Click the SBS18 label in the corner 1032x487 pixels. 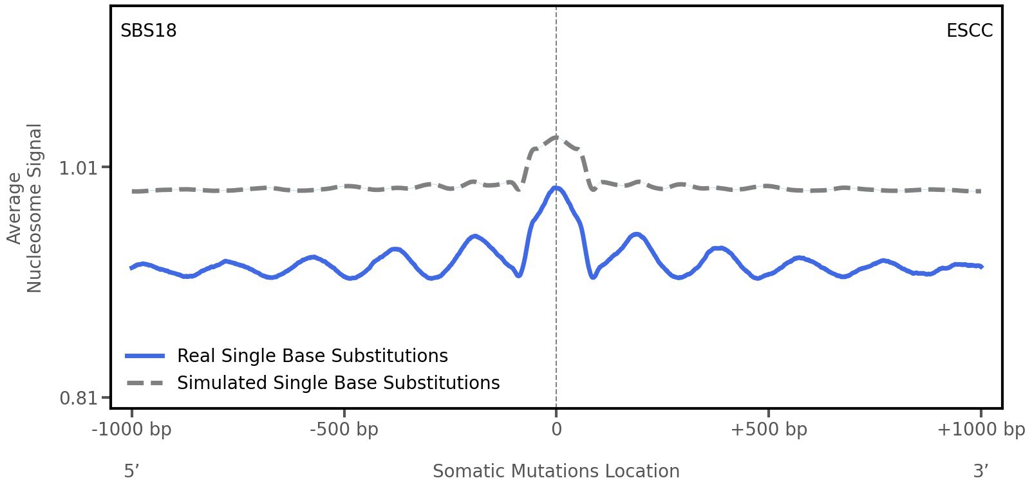pyautogui.click(x=148, y=31)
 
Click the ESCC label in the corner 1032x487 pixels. pyautogui.click(x=969, y=31)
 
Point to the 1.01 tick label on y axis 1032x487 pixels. pyautogui.click(x=77, y=168)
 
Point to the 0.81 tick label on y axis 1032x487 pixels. pyautogui.click(x=77, y=398)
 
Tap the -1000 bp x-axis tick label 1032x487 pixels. pyautogui.click(x=132, y=430)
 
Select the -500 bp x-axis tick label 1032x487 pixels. pyautogui.click(x=344, y=430)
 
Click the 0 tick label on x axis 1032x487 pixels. pyautogui.click(x=556, y=430)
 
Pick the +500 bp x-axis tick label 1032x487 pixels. pyautogui.click(x=769, y=430)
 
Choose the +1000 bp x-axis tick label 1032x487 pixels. pyautogui.click(x=980, y=430)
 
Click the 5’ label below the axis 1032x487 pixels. pyautogui.click(x=132, y=471)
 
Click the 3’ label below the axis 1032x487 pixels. pyautogui.click(x=980, y=471)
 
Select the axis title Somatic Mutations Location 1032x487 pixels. pyautogui.click(x=556, y=471)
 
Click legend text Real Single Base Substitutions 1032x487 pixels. pyautogui.click(x=312, y=356)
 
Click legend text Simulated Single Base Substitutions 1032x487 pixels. pyautogui.click(x=338, y=383)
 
